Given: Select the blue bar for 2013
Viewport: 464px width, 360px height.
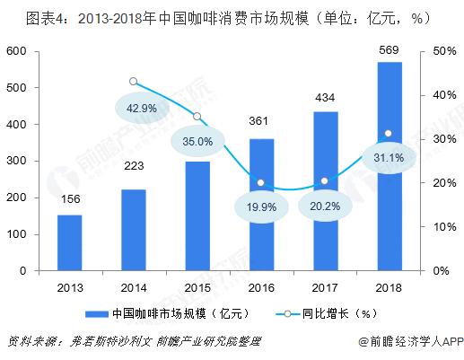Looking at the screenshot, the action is pos(69,242).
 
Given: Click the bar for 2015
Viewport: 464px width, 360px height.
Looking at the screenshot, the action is pos(197,216).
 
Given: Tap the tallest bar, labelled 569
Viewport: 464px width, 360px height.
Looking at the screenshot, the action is pos(390,166).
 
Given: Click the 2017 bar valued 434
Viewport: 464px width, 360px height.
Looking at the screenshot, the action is pos(326,191).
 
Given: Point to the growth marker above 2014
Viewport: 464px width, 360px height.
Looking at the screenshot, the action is pos(134,82).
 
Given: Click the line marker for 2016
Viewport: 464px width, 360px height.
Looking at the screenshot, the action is pos(260,182).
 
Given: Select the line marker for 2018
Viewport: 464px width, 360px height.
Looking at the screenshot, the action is pos(389,134).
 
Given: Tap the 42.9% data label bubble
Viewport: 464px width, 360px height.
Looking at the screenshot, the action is pos(142,108).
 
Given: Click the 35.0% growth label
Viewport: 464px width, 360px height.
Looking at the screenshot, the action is pos(197,141).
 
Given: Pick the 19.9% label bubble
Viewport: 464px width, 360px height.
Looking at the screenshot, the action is pos(261,206).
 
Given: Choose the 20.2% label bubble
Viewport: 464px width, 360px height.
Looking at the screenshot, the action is pos(325,206).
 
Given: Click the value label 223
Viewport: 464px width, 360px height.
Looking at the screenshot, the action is pos(134,165).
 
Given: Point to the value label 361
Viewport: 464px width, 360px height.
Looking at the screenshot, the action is pos(258,121).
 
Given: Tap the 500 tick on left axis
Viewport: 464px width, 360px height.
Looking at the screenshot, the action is pos(16,87).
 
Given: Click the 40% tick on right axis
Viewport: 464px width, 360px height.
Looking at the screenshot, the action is pos(444,95).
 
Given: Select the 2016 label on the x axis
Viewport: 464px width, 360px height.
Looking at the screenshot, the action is pos(261,287).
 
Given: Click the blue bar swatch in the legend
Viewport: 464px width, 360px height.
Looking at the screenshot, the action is pos(97,314).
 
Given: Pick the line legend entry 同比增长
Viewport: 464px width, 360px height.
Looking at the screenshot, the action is pos(326,313).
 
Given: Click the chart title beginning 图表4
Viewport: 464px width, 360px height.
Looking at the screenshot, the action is pos(228,19).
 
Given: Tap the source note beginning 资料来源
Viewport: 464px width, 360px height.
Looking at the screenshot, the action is pos(134,341).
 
